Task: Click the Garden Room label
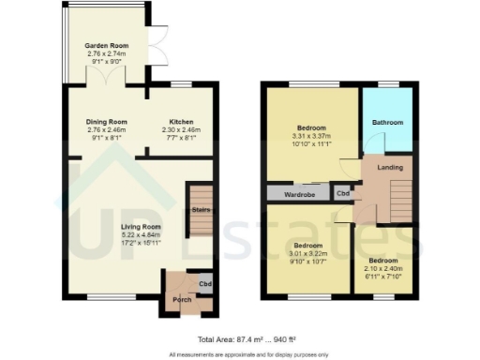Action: [x=105, y=45]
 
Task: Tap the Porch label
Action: [x=181, y=299]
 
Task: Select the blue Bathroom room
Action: [x=386, y=122]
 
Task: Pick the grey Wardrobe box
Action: [x=299, y=194]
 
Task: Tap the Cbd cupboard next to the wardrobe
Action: [x=343, y=194]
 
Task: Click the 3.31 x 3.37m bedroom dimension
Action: [x=312, y=134]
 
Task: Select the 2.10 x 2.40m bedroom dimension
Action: [x=382, y=267]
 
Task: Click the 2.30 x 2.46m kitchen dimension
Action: [x=182, y=129]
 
